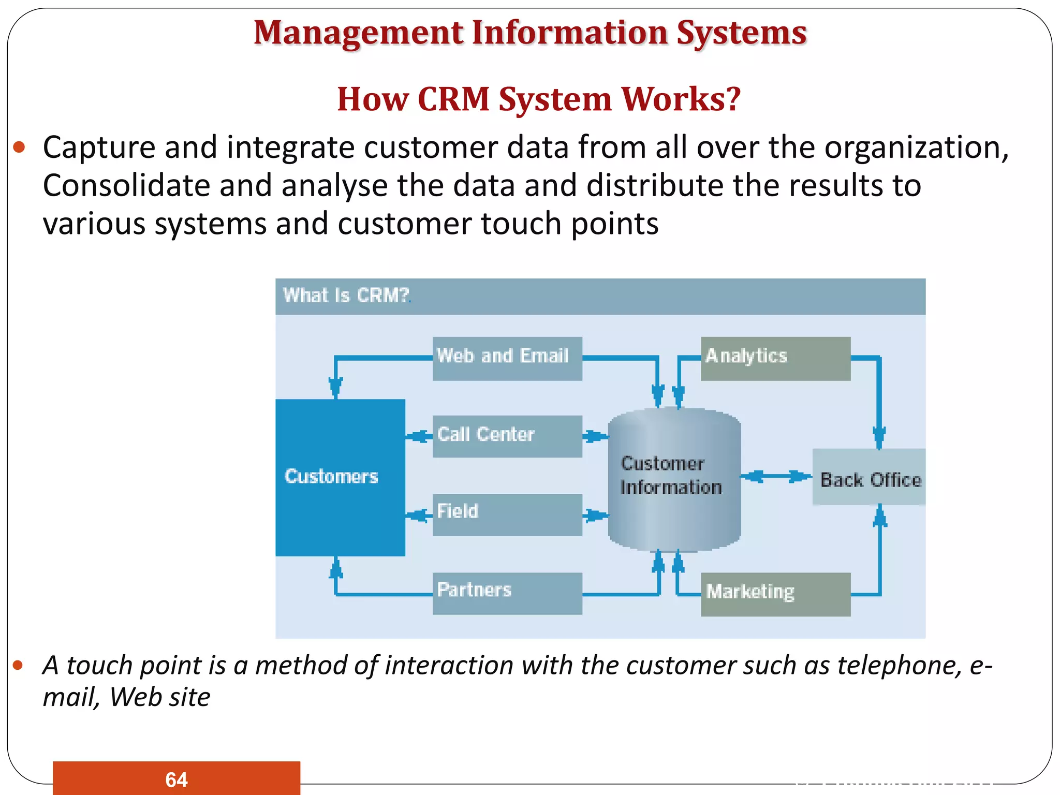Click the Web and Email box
tap(507, 358)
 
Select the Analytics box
tap(775, 358)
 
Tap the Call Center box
tap(507, 436)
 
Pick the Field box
tap(507, 514)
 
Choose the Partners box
tap(507, 593)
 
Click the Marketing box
tap(775, 594)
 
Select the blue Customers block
tap(340, 477)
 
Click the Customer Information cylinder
tap(674, 479)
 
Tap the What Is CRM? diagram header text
tap(346, 296)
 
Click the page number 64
tap(176, 779)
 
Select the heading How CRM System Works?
tap(538, 99)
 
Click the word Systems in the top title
tap(741, 33)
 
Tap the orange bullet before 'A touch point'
tap(18, 665)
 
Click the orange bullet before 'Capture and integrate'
tap(19, 148)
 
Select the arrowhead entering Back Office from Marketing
tap(879, 517)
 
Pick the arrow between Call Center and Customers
tap(419, 436)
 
